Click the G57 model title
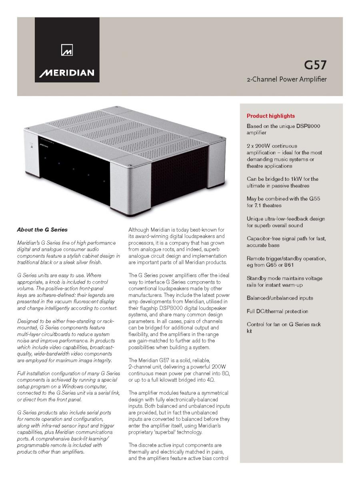tap(315, 65)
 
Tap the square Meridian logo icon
tap(66, 51)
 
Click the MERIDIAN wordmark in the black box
tap(67, 73)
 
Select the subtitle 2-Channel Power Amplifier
tap(286, 79)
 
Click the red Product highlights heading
tap(271, 116)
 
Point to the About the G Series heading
tap(42, 230)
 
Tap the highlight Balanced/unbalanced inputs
tap(280, 298)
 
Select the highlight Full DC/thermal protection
tap(278, 311)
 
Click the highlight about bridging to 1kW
tap(282, 182)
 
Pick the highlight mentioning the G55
tap(283, 202)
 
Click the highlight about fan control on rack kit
tap(284, 328)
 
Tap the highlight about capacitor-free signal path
tap(286, 242)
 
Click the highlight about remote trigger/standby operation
tap(286, 262)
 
